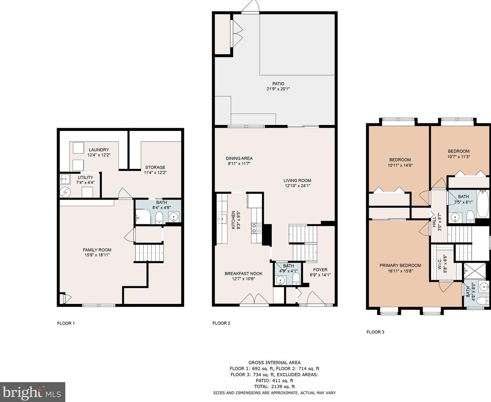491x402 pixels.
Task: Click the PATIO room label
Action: (278, 83)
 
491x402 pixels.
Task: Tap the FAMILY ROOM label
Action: (97, 250)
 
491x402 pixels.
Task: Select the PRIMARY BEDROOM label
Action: (400, 265)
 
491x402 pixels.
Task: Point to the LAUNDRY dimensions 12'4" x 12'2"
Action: (99, 155)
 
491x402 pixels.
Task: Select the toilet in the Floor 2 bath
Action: (296, 279)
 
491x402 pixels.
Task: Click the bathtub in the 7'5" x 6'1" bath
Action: (483, 204)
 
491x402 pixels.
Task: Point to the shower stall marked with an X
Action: (475, 270)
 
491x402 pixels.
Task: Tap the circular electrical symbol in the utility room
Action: (65, 192)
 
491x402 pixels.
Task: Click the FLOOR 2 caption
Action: (221, 323)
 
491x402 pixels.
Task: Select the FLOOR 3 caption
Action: (375, 332)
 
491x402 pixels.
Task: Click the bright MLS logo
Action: (32, 392)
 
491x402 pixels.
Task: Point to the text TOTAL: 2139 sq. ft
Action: (275, 387)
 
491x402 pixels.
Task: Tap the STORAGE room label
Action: (155, 167)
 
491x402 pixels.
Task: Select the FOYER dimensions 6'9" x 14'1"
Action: (320, 275)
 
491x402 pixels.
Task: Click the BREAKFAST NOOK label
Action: (243, 274)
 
